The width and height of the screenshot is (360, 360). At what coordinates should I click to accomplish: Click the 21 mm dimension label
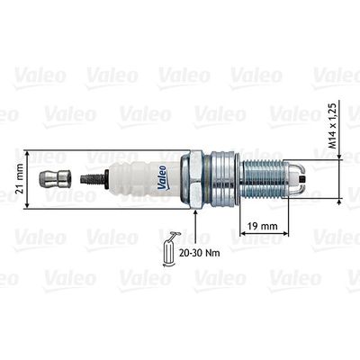[20, 179]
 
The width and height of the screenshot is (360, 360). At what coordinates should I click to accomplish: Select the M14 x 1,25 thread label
[333, 125]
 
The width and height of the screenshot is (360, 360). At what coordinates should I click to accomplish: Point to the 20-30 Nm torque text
[199, 253]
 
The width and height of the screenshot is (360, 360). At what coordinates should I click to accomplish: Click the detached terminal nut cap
[55, 180]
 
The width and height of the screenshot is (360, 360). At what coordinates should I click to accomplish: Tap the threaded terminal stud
[92, 179]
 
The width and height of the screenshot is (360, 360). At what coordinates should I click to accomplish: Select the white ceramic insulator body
[144, 179]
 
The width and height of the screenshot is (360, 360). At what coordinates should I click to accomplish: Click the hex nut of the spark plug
[192, 180]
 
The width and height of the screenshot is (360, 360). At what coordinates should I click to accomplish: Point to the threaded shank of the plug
[264, 180]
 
